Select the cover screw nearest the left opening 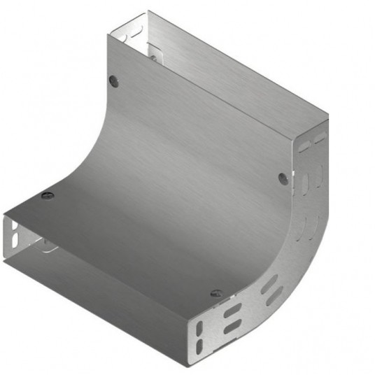[47, 194]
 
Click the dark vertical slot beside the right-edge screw [305, 183]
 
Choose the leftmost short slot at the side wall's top [304, 146]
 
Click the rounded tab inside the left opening [47, 245]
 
